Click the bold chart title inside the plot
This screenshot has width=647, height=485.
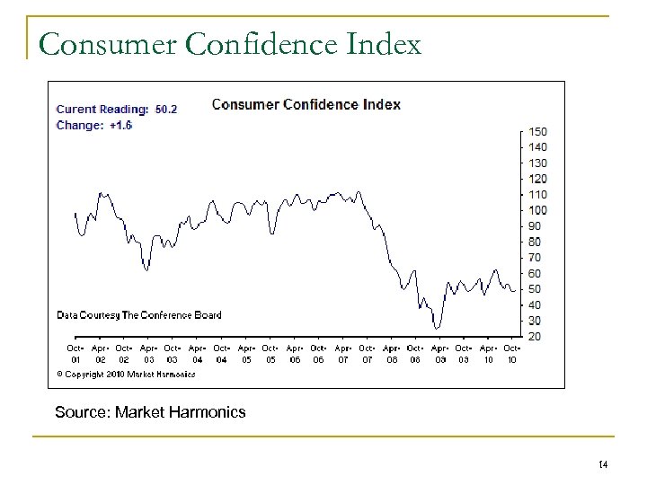click(x=306, y=104)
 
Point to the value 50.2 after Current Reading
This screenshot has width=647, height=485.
click(x=166, y=110)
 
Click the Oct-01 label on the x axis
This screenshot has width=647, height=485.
click(x=75, y=353)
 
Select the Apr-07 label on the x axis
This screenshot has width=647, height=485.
click(x=342, y=353)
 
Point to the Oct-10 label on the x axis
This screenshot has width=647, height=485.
click(x=512, y=353)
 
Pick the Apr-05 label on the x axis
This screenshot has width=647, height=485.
click(x=246, y=353)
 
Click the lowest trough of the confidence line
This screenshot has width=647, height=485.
click(x=436, y=328)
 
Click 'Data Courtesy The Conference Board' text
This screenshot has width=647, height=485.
click(x=139, y=315)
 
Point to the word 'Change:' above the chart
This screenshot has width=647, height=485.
click(x=79, y=125)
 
